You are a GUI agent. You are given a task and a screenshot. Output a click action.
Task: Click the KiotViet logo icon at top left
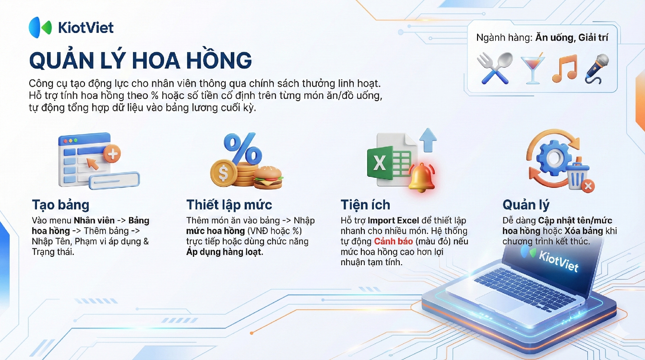click(x=40, y=27)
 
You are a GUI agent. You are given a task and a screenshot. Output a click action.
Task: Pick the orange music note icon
click(x=565, y=69)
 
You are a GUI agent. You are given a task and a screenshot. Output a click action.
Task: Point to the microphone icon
click(x=597, y=69)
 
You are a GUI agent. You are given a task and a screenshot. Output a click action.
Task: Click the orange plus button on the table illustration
click(x=112, y=154)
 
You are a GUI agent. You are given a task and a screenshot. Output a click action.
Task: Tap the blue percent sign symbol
click(x=243, y=148)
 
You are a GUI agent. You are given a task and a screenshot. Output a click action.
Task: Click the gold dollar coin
click(x=223, y=173)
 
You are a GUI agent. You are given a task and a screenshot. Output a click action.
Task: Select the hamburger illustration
click(x=268, y=177)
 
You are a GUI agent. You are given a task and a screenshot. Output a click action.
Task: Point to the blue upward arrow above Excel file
click(x=428, y=140)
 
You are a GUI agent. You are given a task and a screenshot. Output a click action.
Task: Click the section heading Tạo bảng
click(x=61, y=205)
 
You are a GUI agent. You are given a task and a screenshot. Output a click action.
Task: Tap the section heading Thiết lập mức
click(x=229, y=205)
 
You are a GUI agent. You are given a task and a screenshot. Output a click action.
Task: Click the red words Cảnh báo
click(x=393, y=241)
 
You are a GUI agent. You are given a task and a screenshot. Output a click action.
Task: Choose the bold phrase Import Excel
click(x=393, y=221)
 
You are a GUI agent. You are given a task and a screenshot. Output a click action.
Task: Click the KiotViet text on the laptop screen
click(x=559, y=261)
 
